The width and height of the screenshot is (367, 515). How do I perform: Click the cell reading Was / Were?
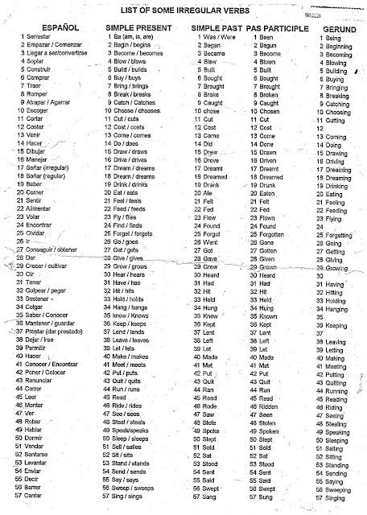(221, 37)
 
